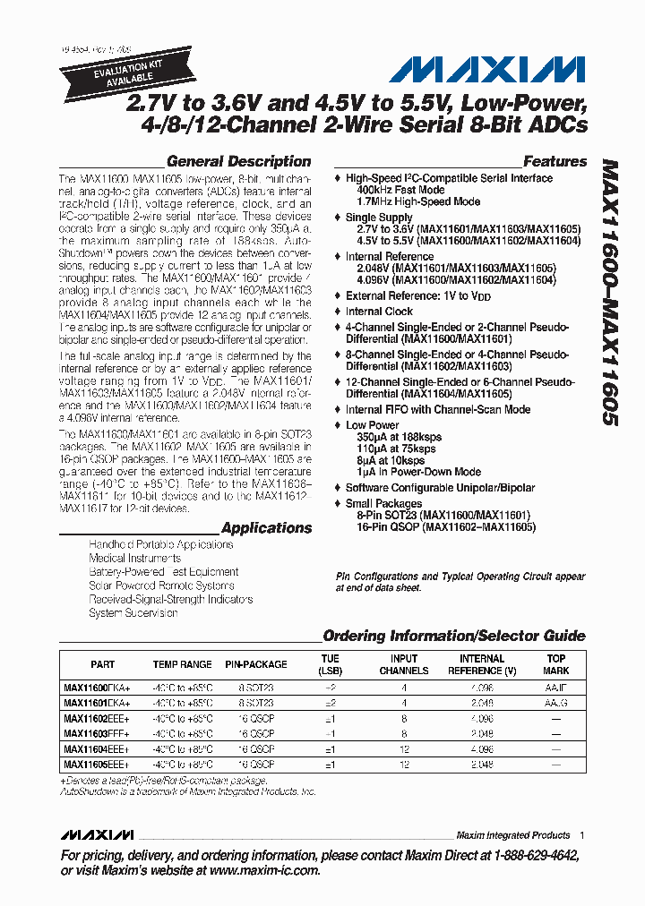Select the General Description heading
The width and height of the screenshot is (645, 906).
coord(238,162)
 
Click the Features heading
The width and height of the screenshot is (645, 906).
coord(555,162)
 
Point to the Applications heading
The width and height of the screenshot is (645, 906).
coord(266,528)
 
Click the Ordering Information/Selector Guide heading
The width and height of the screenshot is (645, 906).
coord(453,637)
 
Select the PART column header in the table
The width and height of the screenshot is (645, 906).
coord(103,665)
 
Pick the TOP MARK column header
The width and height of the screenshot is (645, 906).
coord(556,664)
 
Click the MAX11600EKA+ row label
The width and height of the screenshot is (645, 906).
coord(97,688)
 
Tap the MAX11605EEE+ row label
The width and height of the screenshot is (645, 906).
coord(97,765)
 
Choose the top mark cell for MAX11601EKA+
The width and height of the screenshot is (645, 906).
coord(556,704)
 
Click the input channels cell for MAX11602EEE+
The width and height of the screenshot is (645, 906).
coord(404,719)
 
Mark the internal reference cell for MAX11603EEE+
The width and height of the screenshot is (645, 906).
coord(482,734)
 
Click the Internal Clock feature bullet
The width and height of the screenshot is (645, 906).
coord(379,312)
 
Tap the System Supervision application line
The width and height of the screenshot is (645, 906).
coord(133,613)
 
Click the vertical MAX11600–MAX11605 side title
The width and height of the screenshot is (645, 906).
coord(609,292)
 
